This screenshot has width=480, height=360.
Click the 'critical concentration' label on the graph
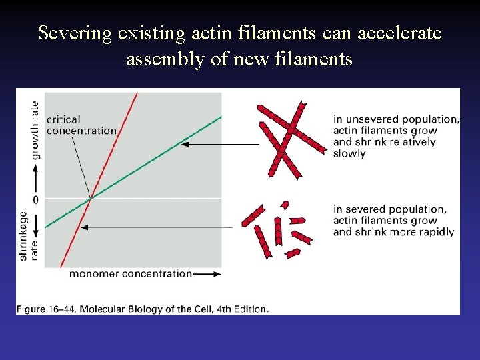81,125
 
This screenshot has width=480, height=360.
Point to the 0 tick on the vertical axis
35,199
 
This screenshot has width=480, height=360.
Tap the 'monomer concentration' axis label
130,273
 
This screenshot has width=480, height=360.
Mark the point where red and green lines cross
91,197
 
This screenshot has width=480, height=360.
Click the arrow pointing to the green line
220,143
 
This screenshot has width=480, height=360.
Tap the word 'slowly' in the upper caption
349,153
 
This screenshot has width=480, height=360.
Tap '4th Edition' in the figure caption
245,309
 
